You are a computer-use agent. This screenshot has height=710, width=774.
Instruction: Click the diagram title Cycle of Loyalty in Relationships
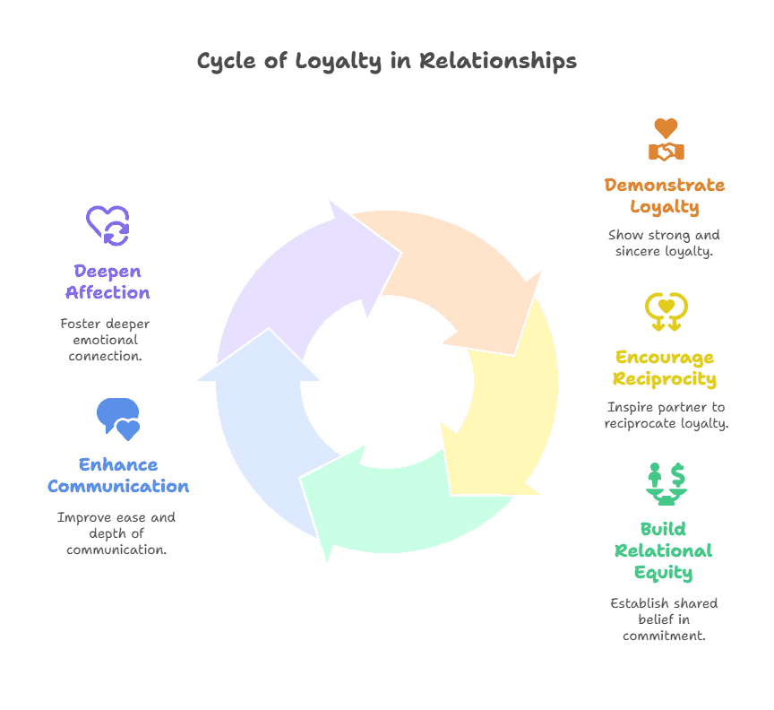tap(386, 62)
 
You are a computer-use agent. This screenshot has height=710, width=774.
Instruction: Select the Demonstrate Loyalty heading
tap(664, 195)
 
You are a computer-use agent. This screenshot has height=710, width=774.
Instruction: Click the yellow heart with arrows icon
tap(666, 310)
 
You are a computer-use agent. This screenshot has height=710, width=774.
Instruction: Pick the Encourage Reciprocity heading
tap(665, 368)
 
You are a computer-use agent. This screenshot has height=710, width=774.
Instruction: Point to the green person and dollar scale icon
tap(666, 482)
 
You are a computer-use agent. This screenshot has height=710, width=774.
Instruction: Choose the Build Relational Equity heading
tap(663, 550)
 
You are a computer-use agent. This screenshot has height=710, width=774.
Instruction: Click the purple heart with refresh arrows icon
tap(107, 225)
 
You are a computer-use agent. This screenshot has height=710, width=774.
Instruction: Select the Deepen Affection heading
tap(107, 281)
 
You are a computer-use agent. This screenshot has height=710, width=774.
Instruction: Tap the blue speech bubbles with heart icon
tap(118, 418)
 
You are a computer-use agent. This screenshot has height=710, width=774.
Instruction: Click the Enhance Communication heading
tap(118, 476)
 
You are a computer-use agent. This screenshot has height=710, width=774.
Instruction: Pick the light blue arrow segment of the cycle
tap(260, 421)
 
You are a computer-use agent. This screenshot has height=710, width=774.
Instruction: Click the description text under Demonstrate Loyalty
tap(664, 243)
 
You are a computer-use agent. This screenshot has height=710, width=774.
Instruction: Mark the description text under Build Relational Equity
tap(664, 619)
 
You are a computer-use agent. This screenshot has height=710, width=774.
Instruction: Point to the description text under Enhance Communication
tap(116, 533)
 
